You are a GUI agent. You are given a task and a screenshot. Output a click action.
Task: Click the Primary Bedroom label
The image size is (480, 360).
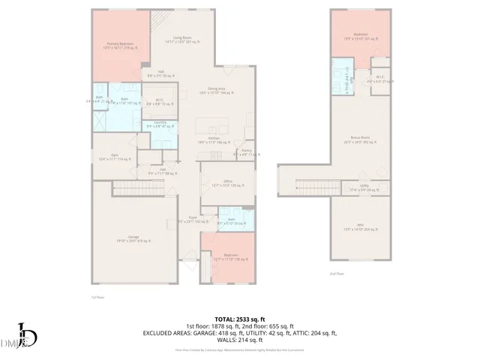[120, 46]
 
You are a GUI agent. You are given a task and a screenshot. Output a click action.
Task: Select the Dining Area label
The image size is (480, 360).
[219, 89]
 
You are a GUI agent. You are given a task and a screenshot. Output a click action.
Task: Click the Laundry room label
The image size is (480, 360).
[160, 124]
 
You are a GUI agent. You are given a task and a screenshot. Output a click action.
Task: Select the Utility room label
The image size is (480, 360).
[364, 187]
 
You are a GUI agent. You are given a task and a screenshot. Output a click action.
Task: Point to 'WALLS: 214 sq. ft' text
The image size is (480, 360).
[240, 340]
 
